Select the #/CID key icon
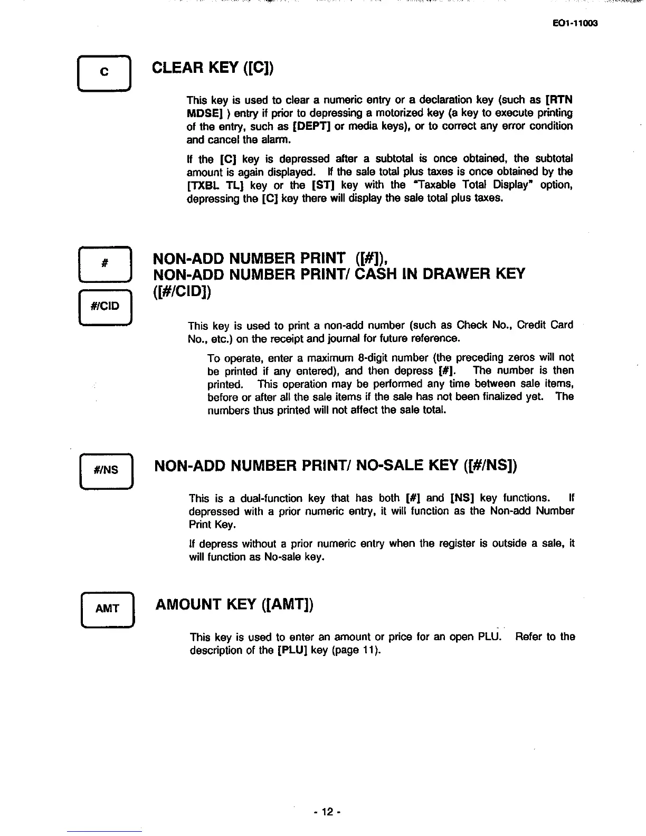point(105,306)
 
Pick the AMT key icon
point(107,609)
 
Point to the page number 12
point(327,812)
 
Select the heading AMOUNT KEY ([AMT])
point(234,604)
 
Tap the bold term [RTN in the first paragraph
point(559,100)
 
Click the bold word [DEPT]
point(309,126)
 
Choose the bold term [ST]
point(321,185)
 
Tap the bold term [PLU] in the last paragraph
point(292,650)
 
